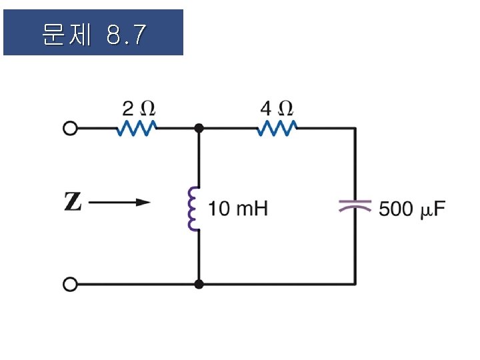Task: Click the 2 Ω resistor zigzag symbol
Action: click(x=137, y=128)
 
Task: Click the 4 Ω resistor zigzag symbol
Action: click(x=277, y=128)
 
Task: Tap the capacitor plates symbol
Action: click(x=354, y=206)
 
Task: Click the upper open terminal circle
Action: click(x=69, y=129)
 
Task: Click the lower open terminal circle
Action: click(x=69, y=285)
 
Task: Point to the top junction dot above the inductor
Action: click(x=199, y=128)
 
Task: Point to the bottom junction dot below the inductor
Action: click(x=199, y=285)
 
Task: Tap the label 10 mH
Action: click(x=238, y=209)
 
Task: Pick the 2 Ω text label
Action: click(x=138, y=107)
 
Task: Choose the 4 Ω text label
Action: click(x=277, y=107)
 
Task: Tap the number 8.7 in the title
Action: click(x=125, y=35)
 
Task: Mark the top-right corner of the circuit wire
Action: click(x=354, y=128)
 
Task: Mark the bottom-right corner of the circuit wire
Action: click(x=354, y=284)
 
